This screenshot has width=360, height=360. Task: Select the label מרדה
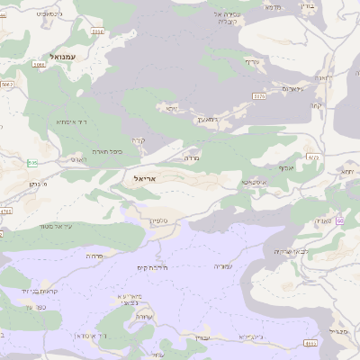(x=191, y=157)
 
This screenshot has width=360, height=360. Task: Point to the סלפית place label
(x=157, y=220)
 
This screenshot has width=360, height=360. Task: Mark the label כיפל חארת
(x=105, y=152)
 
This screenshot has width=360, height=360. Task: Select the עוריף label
(x=252, y=61)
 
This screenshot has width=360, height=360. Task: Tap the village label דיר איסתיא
(x=70, y=121)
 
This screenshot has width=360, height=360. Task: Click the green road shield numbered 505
(x=32, y=162)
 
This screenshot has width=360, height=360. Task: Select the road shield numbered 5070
(x=259, y=95)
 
